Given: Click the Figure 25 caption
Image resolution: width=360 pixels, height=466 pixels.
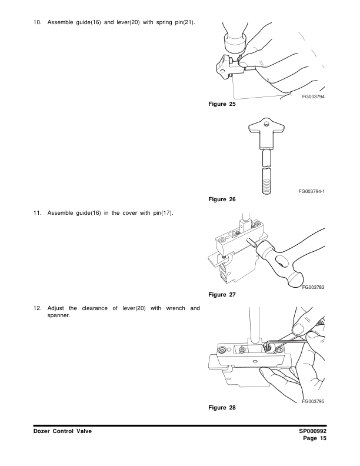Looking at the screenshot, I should pyautogui.click(x=222, y=104).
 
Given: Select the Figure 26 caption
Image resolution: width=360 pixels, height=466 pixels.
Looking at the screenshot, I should pyautogui.click(x=222, y=199).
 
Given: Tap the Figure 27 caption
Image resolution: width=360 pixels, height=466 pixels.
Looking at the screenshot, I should pyautogui.click(x=222, y=294).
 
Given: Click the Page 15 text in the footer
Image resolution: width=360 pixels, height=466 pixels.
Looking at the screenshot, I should pyautogui.click(x=315, y=439).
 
